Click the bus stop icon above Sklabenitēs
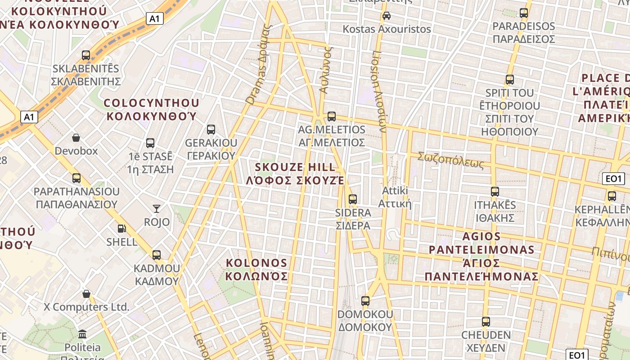86,55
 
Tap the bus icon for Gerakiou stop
211,130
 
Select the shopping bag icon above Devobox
76,137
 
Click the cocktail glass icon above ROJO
157,208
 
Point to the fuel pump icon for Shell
121,229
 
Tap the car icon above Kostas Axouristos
386,16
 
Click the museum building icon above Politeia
82,334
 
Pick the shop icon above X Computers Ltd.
86,294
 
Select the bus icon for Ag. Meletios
332,116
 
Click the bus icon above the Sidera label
353,199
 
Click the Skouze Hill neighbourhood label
295,174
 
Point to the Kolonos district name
256,269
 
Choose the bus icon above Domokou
365,301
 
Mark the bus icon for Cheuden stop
486,322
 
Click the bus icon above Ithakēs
495,192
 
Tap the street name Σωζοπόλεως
450,160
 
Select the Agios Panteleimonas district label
481,256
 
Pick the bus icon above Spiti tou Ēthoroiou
510,80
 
